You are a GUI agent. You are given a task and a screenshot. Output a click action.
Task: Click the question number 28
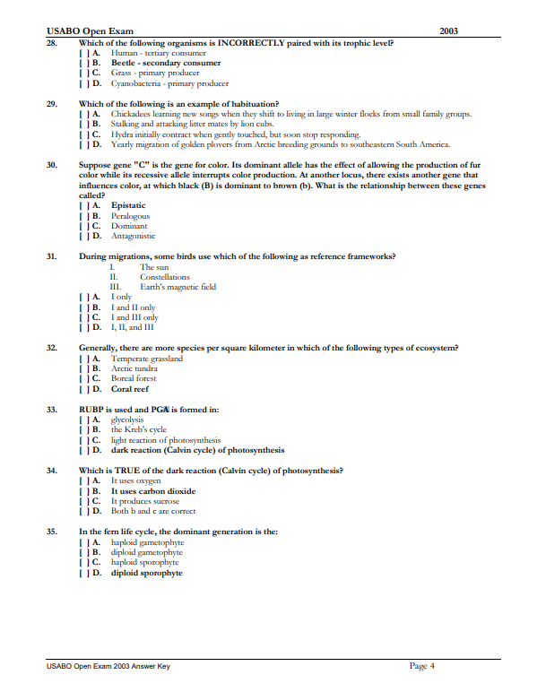point(52,43)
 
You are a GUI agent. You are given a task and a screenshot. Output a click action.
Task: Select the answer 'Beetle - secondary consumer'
point(165,64)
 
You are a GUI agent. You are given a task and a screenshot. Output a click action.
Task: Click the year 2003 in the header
point(449,30)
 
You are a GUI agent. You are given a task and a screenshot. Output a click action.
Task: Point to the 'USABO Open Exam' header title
point(81,30)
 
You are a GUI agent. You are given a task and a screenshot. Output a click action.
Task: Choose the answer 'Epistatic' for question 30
point(128,206)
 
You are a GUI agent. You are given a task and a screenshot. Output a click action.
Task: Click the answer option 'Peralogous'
point(130,216)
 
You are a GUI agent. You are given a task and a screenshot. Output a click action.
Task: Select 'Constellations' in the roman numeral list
point(165,277)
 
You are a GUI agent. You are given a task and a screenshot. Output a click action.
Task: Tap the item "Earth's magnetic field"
point(178,287)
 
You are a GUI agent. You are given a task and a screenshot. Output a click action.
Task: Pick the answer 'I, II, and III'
point(133,327)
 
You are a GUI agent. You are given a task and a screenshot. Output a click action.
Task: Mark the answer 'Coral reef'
point(130,389)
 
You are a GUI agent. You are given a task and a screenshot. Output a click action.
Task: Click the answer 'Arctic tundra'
point(134,368)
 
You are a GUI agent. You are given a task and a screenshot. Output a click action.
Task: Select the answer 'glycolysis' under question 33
point(127,420)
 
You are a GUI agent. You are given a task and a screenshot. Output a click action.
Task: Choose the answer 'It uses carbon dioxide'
point(153,491)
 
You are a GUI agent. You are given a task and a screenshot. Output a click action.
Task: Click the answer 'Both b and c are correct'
point(153,511)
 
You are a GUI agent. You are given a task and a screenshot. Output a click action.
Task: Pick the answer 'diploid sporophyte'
point(146,573)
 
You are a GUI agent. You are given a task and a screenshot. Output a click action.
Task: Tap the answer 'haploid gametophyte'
point(147,542)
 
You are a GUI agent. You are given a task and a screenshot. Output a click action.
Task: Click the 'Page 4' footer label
point(421,666)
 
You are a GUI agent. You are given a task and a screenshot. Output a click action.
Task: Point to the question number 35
point(52,532)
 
